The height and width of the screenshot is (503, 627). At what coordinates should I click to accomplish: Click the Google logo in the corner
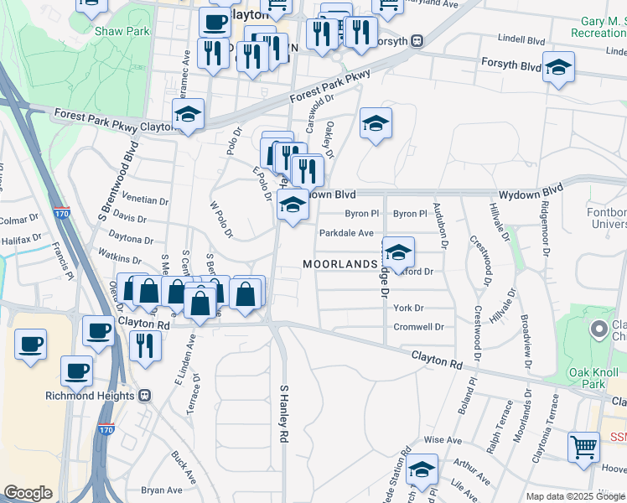(28, 494)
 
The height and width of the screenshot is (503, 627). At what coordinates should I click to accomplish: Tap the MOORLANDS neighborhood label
(340, 264)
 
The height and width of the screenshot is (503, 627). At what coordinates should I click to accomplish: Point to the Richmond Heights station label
(101, 395)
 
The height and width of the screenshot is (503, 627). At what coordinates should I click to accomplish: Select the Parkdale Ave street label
(345, 233)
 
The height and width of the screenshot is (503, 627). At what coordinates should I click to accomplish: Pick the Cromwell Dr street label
(418, 327)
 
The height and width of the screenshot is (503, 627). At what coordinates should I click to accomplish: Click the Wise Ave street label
(443, 439)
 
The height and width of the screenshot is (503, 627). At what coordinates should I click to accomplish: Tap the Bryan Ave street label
(162, 490)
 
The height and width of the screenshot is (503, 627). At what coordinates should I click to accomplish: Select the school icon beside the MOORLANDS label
(399, 251)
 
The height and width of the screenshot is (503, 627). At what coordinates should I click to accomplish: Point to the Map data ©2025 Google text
(576, 496)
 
